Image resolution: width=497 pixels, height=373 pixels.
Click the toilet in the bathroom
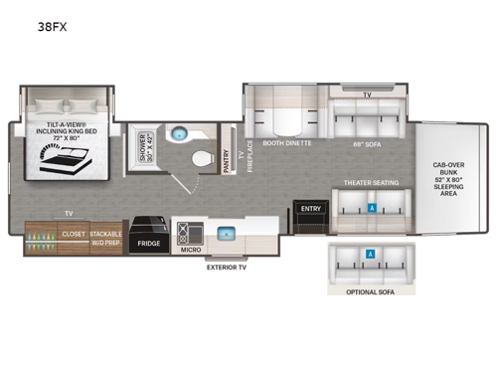pyautogui.click(x=202, y=156)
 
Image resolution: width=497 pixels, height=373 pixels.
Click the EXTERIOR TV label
pyautogui.click(x=228, y=267)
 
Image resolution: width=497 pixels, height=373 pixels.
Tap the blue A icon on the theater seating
pyautogui.click(x=371, y=210)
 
